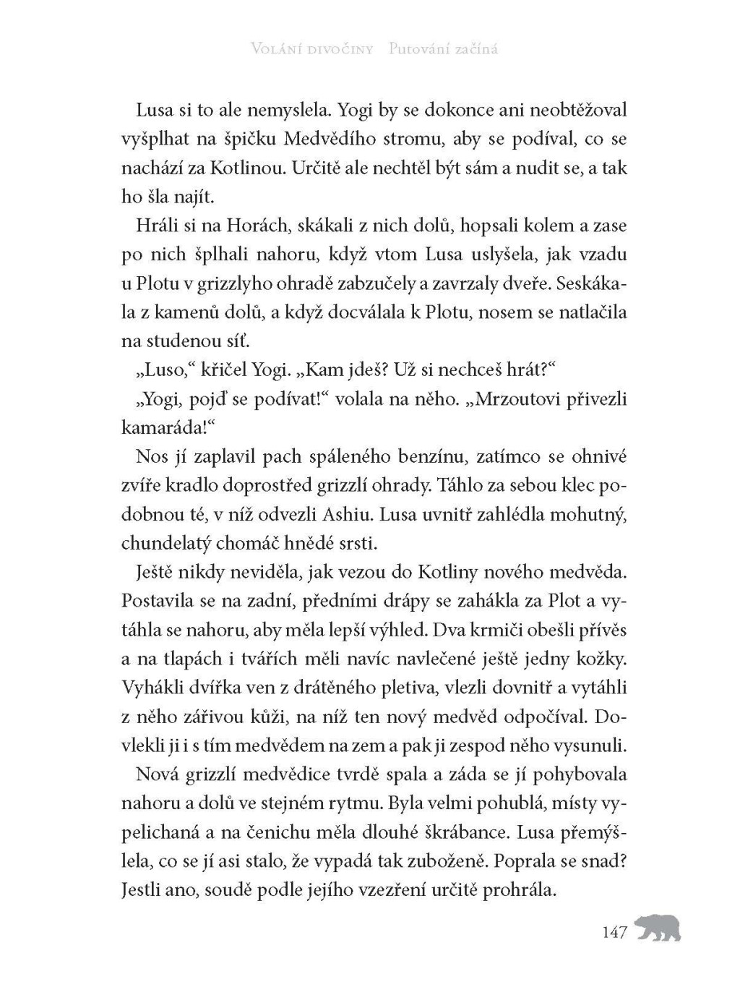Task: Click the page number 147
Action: tap(614, 932)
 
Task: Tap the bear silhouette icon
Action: tap(658, 928)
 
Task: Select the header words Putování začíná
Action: tap(443, 50)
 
